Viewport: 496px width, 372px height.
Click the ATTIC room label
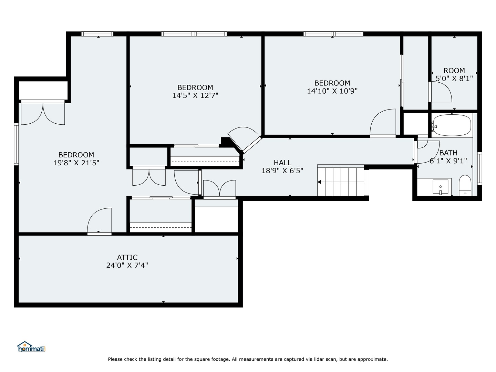coord(127,257)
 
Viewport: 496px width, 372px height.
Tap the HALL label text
coord(282,163)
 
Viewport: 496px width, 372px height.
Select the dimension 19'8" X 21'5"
coord(76,163)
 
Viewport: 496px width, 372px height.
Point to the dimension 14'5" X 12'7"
coord(195,95)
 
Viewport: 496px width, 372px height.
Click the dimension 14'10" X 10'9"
coord(332,91)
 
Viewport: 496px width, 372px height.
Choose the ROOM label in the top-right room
coord(454,70)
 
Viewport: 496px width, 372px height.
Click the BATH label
coord(448,153)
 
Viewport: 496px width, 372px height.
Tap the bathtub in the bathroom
coord(452,126)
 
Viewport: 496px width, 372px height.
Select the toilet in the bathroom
coord(465,186)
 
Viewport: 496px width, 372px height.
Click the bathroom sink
coord(441,187)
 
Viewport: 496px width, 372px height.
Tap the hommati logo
coord(31,347)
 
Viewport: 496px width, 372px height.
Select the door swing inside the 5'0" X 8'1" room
coord(441,92)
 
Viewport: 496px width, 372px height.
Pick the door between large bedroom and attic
coord(100,222)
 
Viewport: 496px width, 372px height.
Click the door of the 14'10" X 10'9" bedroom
coord(383,123)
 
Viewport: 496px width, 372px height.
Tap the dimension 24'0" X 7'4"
coord(127,266)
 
